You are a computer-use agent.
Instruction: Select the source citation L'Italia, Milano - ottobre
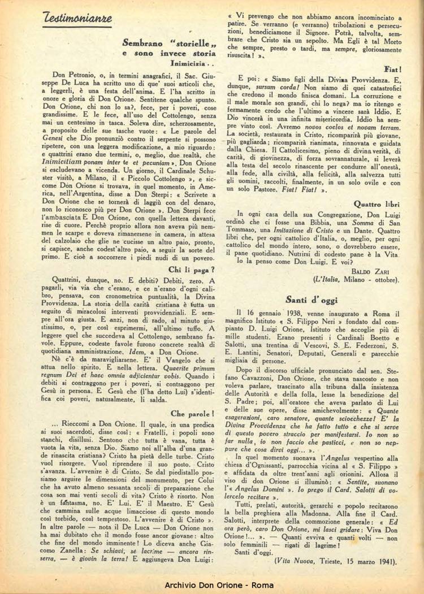pos(356,279)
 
